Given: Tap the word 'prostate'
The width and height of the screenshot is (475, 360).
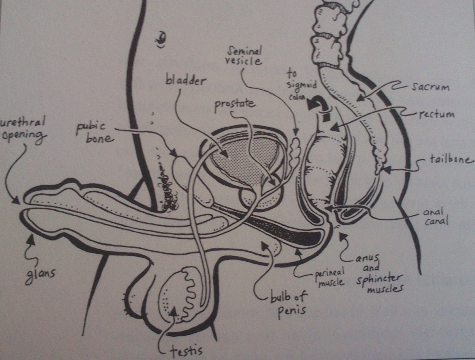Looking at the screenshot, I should point(235,104).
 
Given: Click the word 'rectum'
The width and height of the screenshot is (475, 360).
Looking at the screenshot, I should point(436,114).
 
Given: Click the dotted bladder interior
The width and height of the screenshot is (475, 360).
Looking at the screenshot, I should point(237,157).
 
